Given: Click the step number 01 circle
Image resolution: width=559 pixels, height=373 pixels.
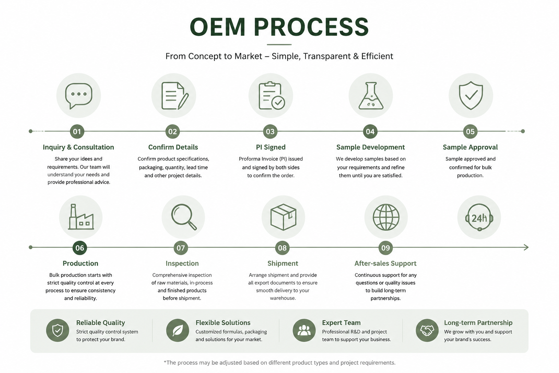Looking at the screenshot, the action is coord(77,131).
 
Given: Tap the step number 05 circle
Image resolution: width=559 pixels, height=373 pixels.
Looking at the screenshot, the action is coord(470,131).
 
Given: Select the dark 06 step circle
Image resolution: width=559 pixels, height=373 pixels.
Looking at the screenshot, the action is coord(80,248).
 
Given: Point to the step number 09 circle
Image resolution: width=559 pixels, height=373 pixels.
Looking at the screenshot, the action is coord(385,248).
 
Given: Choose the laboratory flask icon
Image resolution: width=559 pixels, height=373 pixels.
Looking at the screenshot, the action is coord(370,96).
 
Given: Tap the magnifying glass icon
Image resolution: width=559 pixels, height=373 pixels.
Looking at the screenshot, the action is coord(184,217).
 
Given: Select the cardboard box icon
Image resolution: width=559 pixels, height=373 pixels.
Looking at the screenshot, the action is coord(283,217).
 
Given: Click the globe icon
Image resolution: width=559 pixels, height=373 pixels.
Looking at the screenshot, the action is coord(386,217).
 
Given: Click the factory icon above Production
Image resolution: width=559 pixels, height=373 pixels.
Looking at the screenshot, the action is coord(81,217).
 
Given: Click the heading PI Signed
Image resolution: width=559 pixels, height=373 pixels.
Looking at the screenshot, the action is coord(271,147).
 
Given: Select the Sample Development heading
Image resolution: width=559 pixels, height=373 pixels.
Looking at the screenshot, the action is coord(370,147).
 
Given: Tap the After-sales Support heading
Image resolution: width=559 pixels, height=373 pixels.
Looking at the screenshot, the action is coord(385,263).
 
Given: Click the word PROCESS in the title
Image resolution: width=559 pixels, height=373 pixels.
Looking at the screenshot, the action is coord(311,27).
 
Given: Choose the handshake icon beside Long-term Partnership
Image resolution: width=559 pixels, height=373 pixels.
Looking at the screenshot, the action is coord(427,330).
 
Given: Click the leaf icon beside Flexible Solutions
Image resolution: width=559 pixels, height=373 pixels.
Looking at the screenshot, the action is coord(178,330).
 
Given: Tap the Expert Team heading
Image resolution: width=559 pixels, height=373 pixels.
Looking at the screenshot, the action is coord(341,323).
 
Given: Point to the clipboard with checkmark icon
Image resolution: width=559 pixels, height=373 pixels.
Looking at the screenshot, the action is coord(271,96).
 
